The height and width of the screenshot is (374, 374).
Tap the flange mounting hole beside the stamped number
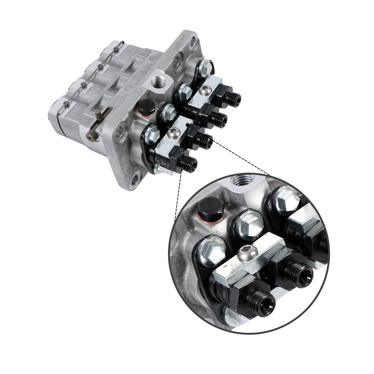point(194,41)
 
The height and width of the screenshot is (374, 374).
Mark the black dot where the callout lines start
point(187,125)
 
